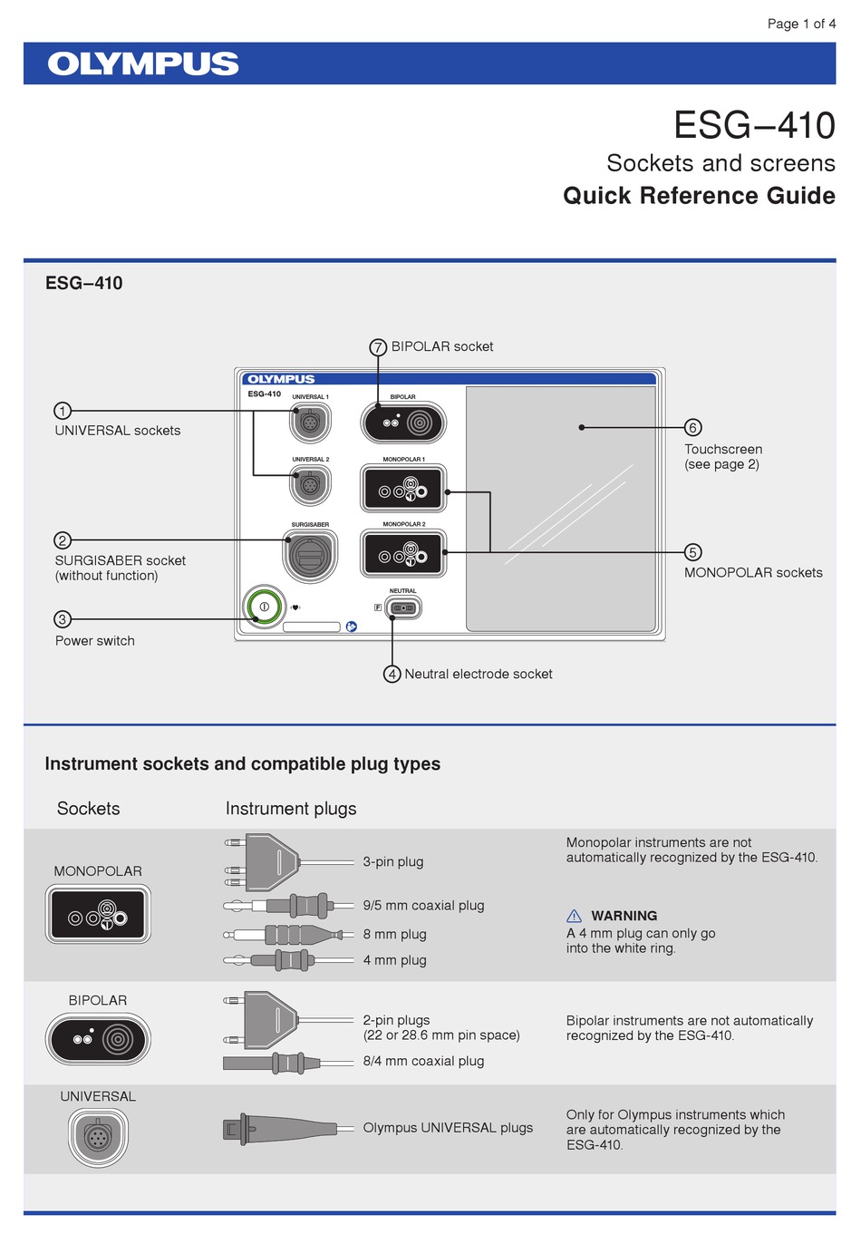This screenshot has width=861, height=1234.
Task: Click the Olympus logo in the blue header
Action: click(x=143, y=63)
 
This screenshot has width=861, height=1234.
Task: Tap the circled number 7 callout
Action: click(x=378, y=347)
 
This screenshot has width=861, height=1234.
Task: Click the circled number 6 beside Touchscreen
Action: click(x=692, y=428)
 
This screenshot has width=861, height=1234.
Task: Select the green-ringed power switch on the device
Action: click(x=264, y=606)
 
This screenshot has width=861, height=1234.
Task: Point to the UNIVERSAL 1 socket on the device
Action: click(x=310, y=423)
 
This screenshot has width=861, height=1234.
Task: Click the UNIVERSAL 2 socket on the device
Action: click(x=310, y=485)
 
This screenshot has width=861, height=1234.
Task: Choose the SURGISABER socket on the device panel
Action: click(x=310, y=554)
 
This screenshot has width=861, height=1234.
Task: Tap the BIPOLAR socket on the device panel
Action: click(x=403, y=423)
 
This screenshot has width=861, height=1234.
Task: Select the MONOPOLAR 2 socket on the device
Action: click(x=403, y=554)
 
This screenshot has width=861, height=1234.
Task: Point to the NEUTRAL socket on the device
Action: click(x=403, y=608)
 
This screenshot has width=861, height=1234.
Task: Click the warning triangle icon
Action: click(x=574, y=916)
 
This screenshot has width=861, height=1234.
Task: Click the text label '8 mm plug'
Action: click(x=394, y=934)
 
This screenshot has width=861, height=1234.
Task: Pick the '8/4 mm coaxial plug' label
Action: click(x=423, y=1061)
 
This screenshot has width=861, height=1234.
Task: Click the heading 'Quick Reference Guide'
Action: click(x=699, y=196)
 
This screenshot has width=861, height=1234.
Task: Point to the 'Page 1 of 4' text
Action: click(x=801, y=24)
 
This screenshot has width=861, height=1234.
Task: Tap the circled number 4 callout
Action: click(x=392, y=674)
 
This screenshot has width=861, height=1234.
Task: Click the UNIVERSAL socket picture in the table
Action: click(x=98, y=1136)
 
